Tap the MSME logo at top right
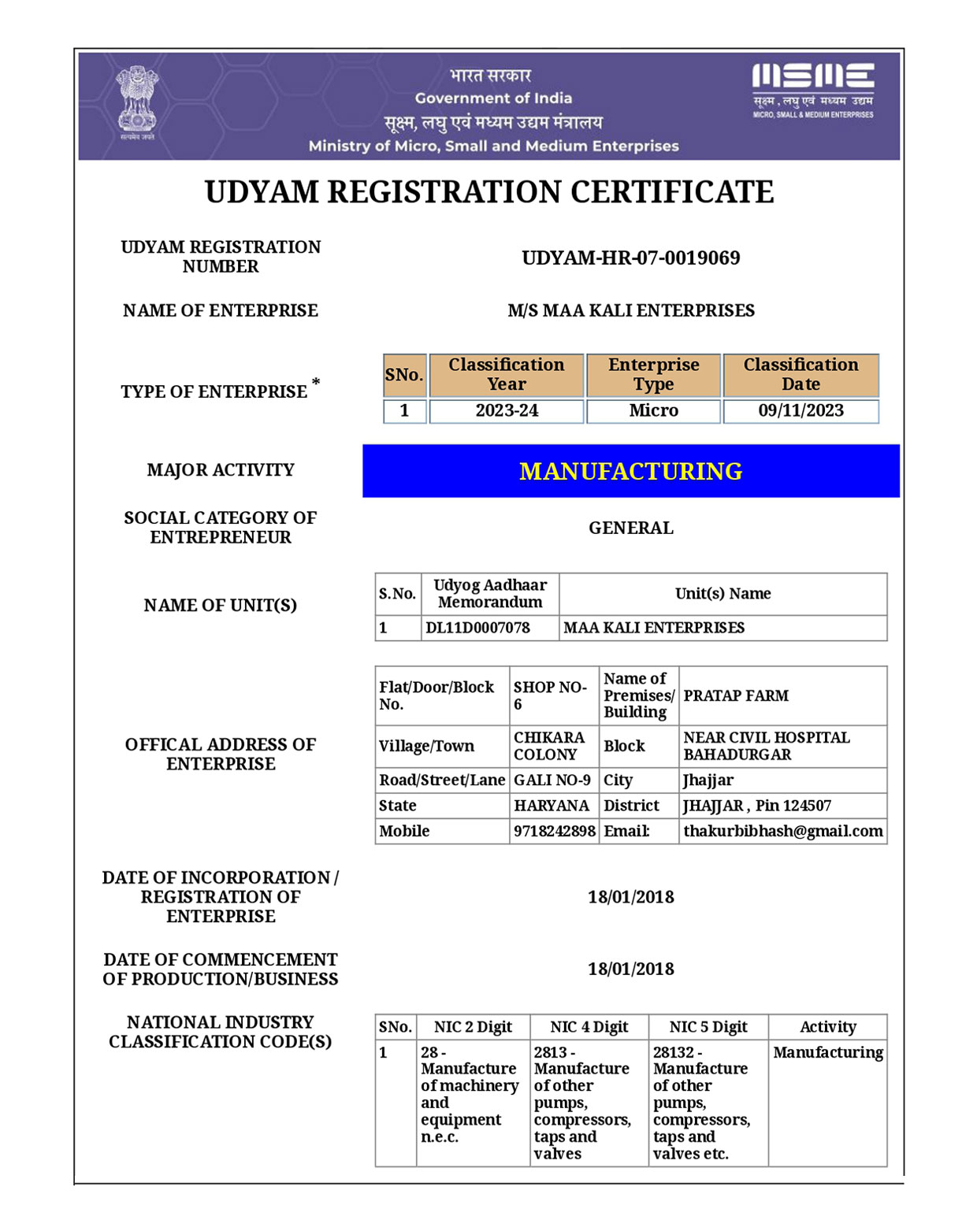(812, 89)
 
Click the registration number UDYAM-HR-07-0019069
(630, 258)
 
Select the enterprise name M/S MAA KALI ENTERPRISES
(630, 311)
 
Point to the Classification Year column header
(506, 375)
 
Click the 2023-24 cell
(506, 411)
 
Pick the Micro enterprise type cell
(653, 411)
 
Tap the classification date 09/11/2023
(801, 411)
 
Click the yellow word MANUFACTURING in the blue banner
(630, 471)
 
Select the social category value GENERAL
(630, 528)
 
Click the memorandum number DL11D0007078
(478, 628)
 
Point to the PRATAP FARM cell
(736, 696)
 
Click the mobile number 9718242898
(555, 831)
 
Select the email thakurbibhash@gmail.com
(782, 831)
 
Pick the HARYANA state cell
(552, 806)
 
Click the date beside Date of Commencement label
(630, 970)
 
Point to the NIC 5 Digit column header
(708, 1027)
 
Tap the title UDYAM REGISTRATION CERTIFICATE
(489, 193)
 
